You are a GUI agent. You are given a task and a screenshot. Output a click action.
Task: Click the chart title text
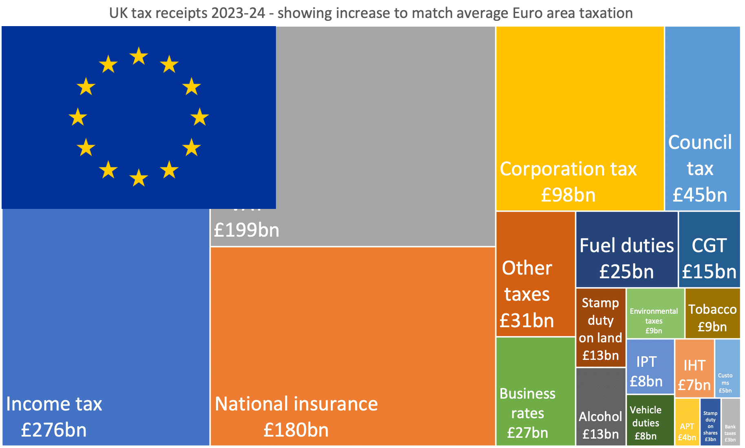pyautogui.click(x=371, y=13)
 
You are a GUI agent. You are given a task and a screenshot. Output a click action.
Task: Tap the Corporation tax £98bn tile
pyautogui.click(x=580, y=118)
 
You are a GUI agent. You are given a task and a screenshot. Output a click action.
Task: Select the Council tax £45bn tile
pyautogui.click(x=702, y=118)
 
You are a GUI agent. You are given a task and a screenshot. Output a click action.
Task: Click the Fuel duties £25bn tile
pyautogui.click(x=626, y=250)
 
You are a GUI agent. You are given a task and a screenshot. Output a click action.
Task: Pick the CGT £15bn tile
pyautogui.click(x=709, y=250)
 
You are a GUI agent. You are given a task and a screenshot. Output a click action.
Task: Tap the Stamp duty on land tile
pyautogui.click(x=600, y=328)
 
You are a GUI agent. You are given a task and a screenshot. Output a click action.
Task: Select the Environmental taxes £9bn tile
pyautogui.click(x=655, y=313)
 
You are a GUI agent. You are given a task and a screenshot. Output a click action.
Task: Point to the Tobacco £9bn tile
pyautogui.click(x=712, y=313)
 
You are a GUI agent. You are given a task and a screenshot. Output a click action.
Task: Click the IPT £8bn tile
pyautogui.click(x=650, y=366)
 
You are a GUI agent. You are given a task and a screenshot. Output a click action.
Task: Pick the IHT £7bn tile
pyautogui.click(x=694, y=368)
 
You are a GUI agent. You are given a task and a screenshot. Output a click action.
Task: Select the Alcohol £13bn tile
pyautogui.click(x=600, y=406)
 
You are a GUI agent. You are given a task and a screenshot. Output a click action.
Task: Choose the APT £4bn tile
pyautogui.click(x=687, y=422)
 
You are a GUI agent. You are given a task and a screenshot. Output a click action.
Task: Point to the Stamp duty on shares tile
pyautogui.click(x=710, y=422)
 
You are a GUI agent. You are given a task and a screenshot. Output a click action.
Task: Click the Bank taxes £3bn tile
pyautogui.click(x=730, y=422)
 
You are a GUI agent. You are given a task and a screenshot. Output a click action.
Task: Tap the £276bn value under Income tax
pyautogui.click(x=54, y=430)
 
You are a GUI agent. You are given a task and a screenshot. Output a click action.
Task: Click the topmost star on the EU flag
pyautogui.click(x=139, y=56)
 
